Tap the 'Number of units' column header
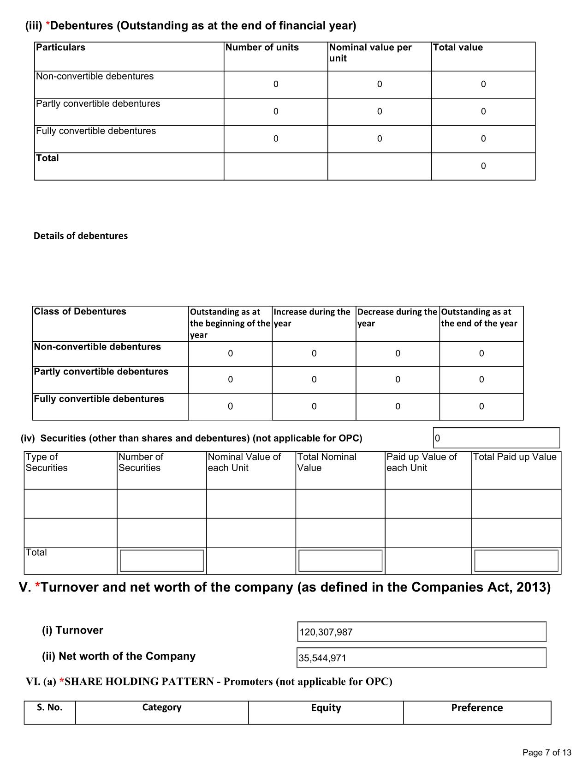pyautogui.click(x=262, y=48)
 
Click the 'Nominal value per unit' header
pyautogui.click(x=370, y=53)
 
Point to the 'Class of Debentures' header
pyautogui.click(x=80, y=312)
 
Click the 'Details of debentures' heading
pyautogui.click(x=81, y=236)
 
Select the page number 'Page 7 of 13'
pyautogui.click(x=547, y=753)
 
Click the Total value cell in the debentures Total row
pyautogui.click(x=483, y=166)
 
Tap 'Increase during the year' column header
pyautogui.click(x=312, y=318)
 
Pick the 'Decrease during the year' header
pyautogui.click(x=397, y=318)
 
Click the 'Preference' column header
pyautogui.click(x=477, y=708)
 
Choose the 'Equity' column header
pyautogui.click(x=326, y=708)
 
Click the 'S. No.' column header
pyautogui.click(x=49, y=708)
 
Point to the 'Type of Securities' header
pyautogui.click(x=47, y=462)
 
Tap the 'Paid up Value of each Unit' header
pyautogui.click(x=421, y=462)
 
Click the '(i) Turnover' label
pyautogui.click(x=72, y=630)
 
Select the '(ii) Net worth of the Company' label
pyautogui.click(x=119, y=656)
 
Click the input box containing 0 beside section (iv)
pyautogui.click(x=496, y=438)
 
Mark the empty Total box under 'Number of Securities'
pyautogui.click(x=161, y=561)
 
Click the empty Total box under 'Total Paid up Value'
pyautogui.click(x=516, y=561)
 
